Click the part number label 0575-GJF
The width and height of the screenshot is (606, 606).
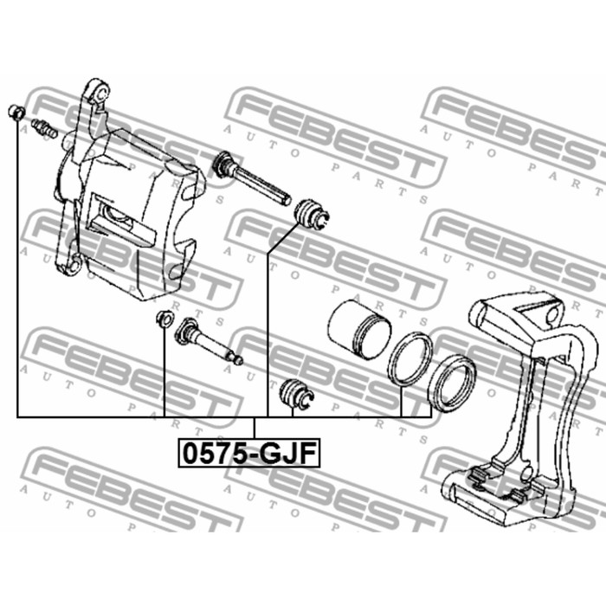(249, 453)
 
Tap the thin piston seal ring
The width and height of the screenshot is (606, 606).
(410, 359)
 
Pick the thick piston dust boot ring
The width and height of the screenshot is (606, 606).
(452, 382)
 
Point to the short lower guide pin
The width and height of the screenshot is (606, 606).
(209, 341)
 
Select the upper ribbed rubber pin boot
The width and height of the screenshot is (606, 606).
(312, 215)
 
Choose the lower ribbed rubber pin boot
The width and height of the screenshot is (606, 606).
(296, 393)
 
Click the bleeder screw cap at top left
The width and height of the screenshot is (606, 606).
(16, 112)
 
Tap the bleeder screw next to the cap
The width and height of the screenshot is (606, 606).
(44, 128)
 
